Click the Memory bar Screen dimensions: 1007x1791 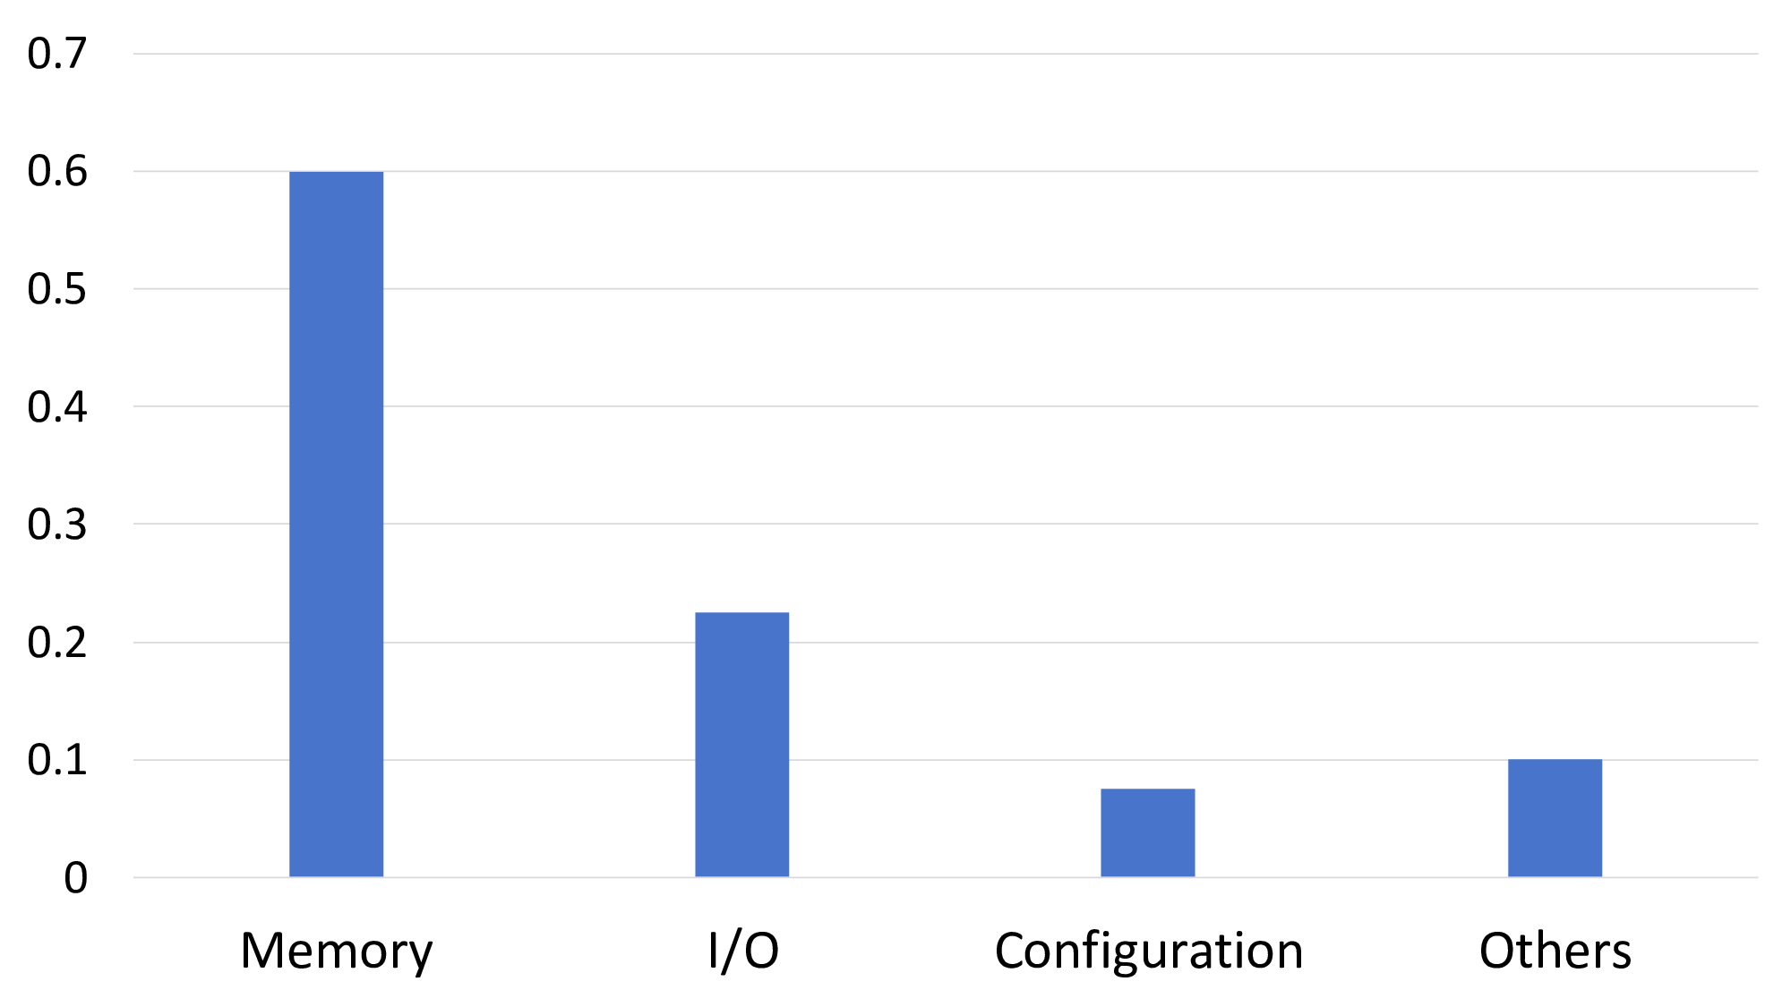[x=336, y=524]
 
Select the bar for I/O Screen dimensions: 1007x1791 [x=741, y=744]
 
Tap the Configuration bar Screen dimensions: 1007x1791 [x=1147, y=832]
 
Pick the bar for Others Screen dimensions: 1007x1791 [x=1555, y=817]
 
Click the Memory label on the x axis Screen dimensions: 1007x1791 [x=336, y=951]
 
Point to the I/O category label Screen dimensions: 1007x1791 [x=742, y=951]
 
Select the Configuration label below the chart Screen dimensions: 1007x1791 [x=1148, y=951]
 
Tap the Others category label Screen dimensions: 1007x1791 [x=1555, y=951]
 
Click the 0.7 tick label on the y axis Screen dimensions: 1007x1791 [x=57, y=54]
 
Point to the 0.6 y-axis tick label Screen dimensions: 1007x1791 [x=57, y=171]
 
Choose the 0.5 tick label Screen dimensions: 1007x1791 [x=57, y=289]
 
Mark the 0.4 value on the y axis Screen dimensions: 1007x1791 [x=57, y=406]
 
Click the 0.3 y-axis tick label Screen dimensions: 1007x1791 [x=57, y=525]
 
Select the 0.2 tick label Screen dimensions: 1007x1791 [x=57, y=643]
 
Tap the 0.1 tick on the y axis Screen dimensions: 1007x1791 [x=57, y=760]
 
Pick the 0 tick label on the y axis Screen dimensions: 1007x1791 [x=75, y=878]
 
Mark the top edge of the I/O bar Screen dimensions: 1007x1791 [x=741, y=613]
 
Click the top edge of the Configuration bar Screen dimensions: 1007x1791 [x=1147, y=789]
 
